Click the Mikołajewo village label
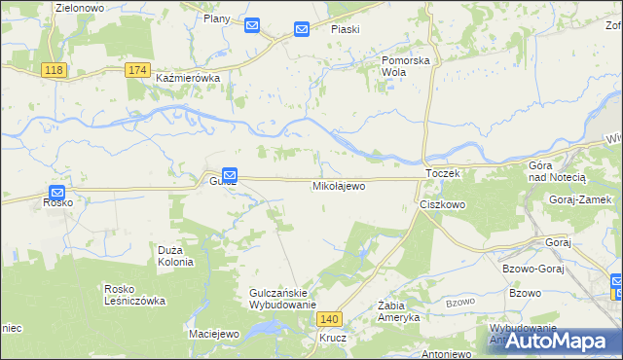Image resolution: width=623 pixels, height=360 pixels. [x=339, y=185]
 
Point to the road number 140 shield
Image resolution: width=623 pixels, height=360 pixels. [x=331, y=318]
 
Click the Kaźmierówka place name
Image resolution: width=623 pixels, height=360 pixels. [x=189, y=78]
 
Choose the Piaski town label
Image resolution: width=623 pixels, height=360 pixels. [x=345, y=29]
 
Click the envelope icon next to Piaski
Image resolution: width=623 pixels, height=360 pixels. [x=302, y=30]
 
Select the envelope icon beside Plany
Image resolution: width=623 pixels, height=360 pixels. [x=252, y=26]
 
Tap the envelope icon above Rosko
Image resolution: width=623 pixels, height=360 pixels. [x=57, y=193]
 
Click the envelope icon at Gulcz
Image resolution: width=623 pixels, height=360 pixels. [x=229, y=173]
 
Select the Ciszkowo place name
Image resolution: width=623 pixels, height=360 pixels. [x=443, y=205]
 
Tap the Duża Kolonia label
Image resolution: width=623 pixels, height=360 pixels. [x=176, y=256]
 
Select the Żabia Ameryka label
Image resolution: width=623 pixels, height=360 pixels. [x=398, y=311]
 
